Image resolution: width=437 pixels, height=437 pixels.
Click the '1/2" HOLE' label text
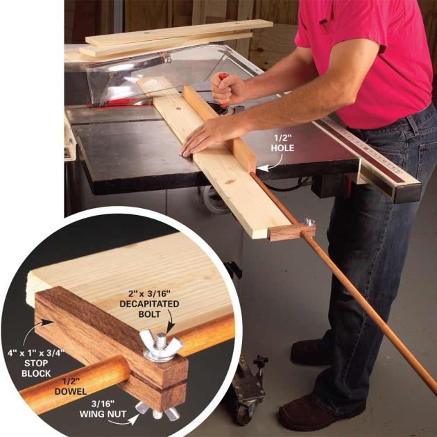282,143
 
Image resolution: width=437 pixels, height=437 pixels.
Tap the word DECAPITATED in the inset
149,304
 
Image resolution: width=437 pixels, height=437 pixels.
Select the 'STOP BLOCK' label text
36,368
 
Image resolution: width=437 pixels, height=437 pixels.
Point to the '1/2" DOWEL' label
71,386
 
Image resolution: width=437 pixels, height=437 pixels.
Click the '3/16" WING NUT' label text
103,409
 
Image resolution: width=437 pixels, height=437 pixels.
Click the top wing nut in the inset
161,347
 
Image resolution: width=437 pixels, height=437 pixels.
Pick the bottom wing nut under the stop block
157,411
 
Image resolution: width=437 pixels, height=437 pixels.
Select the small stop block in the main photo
291,232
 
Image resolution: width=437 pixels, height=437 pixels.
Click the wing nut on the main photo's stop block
309,223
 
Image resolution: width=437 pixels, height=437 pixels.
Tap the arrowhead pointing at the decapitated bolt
170,328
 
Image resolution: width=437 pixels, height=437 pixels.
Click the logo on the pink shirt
326,22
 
